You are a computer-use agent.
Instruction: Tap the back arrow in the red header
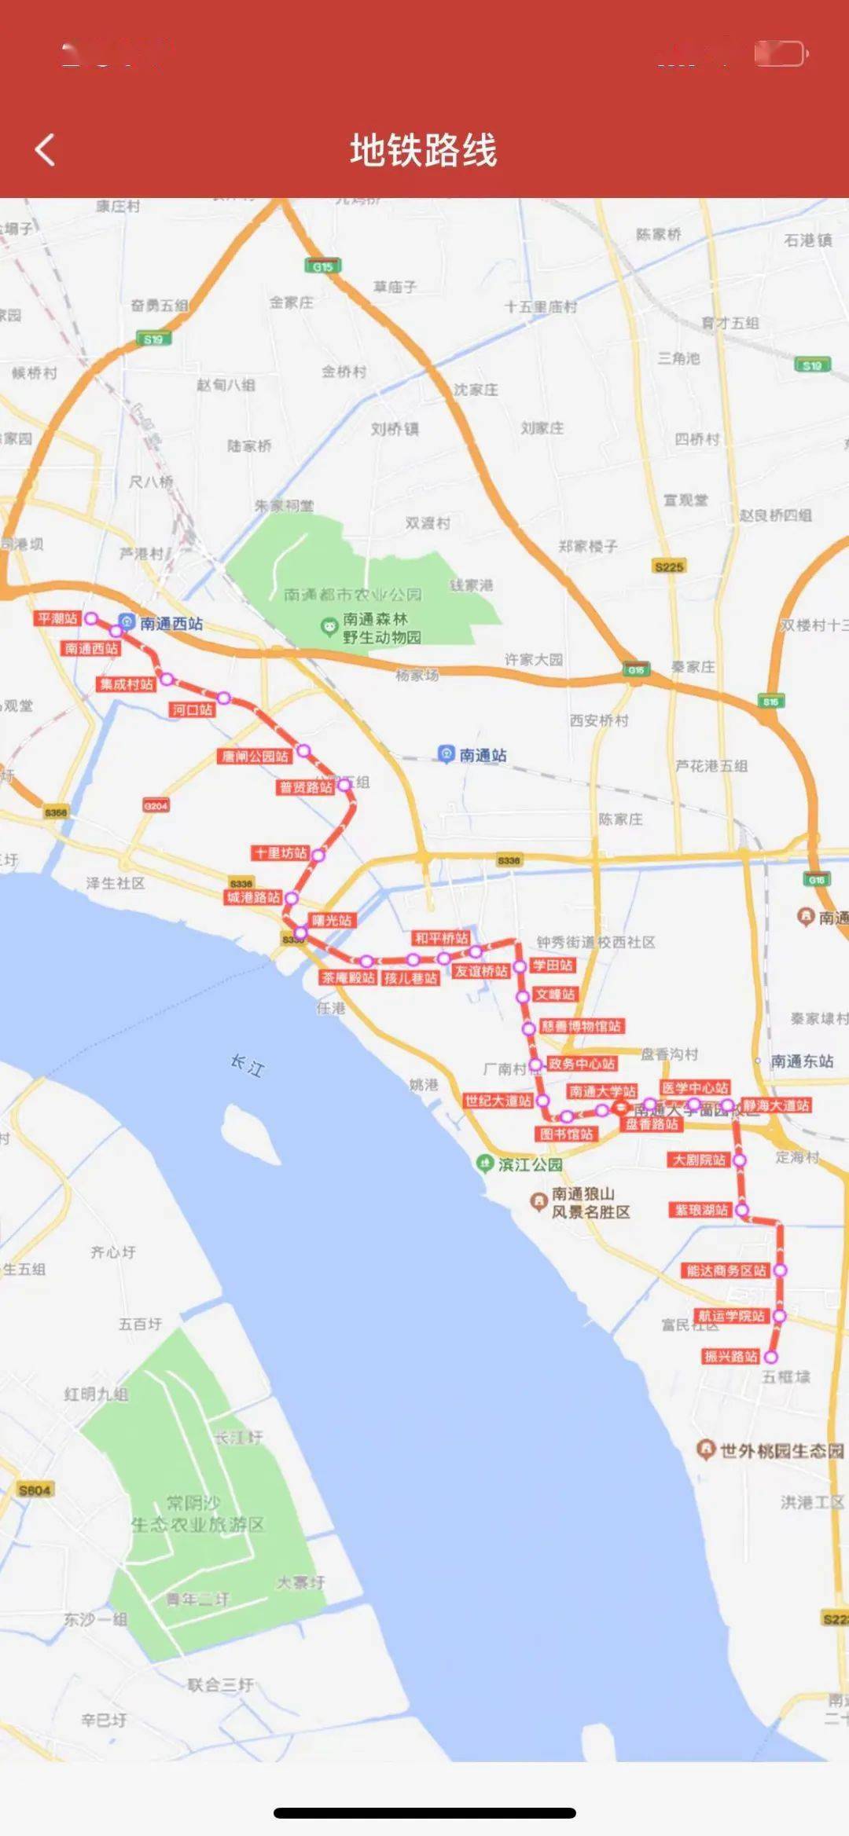pos(46,149)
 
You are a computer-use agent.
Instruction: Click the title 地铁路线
pos(424,150)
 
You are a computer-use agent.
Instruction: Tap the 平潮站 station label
pos(57,618)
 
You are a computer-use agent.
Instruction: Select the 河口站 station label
pos(192,709)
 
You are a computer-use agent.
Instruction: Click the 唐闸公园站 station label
pos(255,756)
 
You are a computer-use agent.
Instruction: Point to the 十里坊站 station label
pos(281,852)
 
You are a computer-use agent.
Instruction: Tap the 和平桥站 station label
pos(441,938)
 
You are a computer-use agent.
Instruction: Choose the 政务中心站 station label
pos(582,1064)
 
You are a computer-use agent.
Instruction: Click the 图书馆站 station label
pos(566,1134)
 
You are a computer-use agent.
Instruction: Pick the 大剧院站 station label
pos(699,1160)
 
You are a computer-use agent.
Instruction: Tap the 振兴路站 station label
pos(731,1356)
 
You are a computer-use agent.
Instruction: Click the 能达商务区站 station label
pos(726,1270)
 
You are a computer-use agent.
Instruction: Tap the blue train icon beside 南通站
pos(446,754)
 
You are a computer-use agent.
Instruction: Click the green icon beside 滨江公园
pos(485,1164)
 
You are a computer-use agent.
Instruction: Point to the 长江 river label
pos(247,1065)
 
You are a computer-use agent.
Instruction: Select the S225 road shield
pos(669,566)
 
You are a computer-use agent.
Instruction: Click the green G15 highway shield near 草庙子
pos(322,266)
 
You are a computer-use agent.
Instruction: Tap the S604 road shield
pos(35,1490)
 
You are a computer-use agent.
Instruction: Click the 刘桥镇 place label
pos(395,429)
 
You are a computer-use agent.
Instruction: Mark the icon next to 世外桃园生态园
pos(706,1449)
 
